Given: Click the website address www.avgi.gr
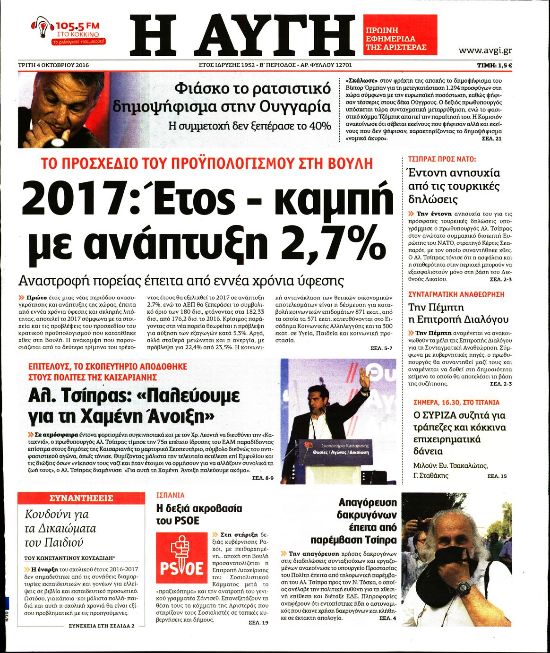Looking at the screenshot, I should (485, 50).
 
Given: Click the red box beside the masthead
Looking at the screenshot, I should (400, 35).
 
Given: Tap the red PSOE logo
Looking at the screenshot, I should (182, 558).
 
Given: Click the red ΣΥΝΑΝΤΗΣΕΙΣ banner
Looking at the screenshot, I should (81, 498).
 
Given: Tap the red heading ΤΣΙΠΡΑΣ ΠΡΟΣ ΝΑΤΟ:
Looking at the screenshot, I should (442, 160).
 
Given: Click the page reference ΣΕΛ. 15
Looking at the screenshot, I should (497, 476).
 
